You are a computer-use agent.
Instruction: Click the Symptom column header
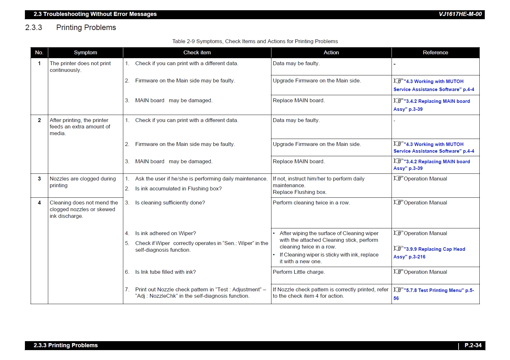(85, 53)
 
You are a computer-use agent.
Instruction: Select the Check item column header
(197, 53)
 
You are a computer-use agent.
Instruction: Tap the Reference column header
(435, 53)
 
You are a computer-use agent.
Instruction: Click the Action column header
(331, 53)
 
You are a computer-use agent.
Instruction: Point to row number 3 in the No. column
(39, 179)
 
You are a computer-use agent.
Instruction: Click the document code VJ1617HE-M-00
(460, 14)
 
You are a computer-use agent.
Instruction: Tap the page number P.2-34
(473, 345)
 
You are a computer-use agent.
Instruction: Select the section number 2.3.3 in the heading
(34, 28)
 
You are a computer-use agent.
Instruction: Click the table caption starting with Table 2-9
(255, 42)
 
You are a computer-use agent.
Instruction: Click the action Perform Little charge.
(299, 272)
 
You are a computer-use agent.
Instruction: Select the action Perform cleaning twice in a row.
(311, 203)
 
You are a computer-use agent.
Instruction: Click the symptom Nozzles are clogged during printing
(82, 182)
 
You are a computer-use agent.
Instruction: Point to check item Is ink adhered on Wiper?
(165, 234)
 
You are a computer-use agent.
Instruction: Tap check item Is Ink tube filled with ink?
(165, 272)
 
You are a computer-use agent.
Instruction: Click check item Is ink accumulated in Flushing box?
(178, 189)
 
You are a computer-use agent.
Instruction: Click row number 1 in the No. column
(39, 64)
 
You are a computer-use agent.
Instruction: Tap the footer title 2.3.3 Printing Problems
(65, 345)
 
